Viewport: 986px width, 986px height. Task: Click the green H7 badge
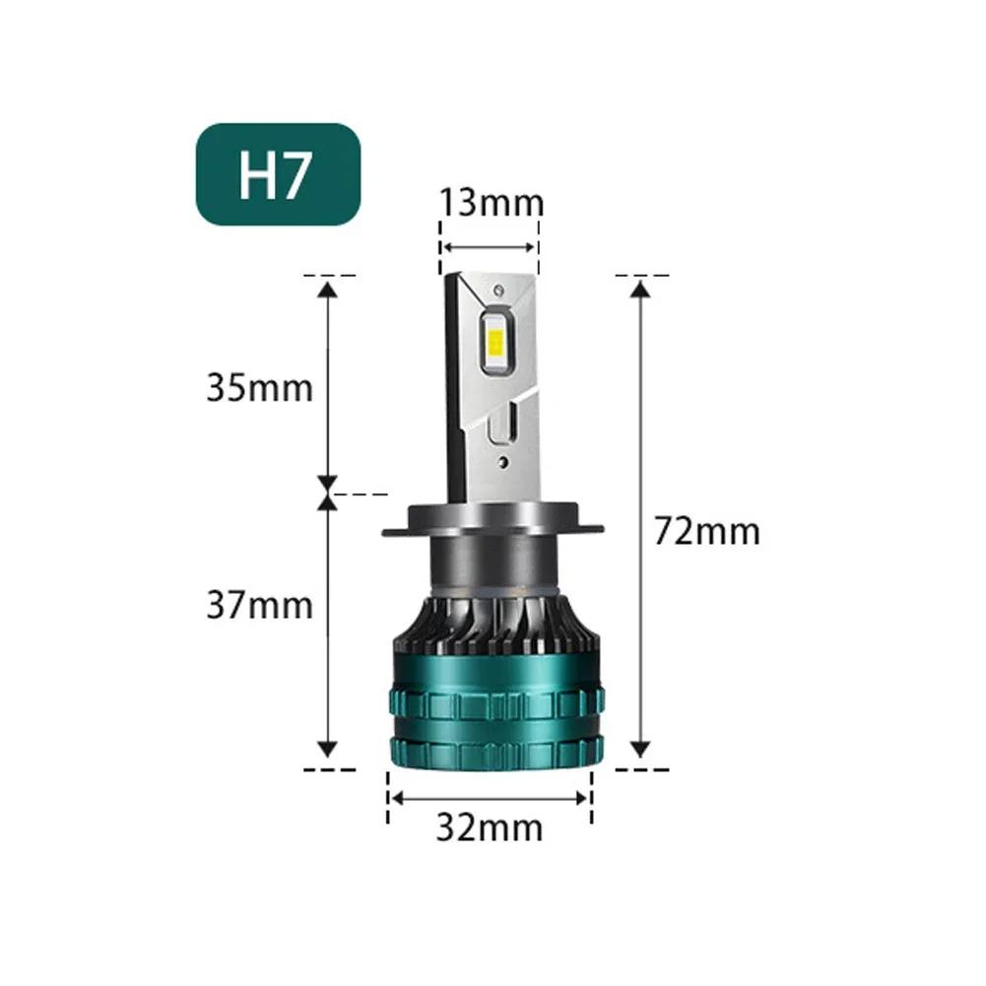278,174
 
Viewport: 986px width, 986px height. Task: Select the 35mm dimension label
259,387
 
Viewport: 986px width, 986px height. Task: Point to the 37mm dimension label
259,604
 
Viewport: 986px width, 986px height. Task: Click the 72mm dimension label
707,532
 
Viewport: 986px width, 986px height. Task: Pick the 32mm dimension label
490,828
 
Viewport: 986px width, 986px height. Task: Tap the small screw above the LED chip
499,291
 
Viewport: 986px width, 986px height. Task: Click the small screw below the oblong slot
501,459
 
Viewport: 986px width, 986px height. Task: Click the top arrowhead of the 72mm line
641,289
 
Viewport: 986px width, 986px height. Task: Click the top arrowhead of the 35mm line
328,288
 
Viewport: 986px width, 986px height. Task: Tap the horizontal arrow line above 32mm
490,797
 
